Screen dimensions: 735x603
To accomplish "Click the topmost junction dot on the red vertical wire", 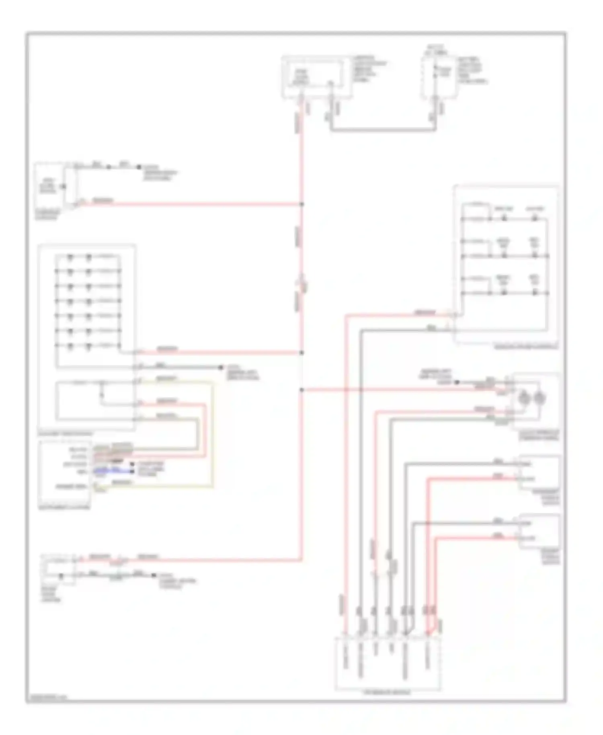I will pos(301,204).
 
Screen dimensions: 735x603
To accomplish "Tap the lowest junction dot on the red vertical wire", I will pos(301,390).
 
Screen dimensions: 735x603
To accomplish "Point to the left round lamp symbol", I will pos(524,398).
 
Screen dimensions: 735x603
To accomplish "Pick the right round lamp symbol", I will pos(539,398).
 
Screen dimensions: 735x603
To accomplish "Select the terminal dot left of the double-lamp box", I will pos(457,382).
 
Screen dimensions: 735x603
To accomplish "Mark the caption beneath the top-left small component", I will pos(47,215).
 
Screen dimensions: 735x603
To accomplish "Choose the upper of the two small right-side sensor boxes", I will pos(539,472).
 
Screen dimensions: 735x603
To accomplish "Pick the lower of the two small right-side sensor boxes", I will pos(539,531).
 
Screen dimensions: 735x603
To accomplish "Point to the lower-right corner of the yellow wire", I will pos(212,487).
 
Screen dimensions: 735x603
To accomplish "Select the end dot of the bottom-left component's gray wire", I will pos(154,575).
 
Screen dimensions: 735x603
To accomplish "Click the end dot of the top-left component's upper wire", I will pos(139,167).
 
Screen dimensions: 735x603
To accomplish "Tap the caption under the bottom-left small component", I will pos(51,594).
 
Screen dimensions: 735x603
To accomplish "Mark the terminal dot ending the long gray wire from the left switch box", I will pos(221,367).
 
